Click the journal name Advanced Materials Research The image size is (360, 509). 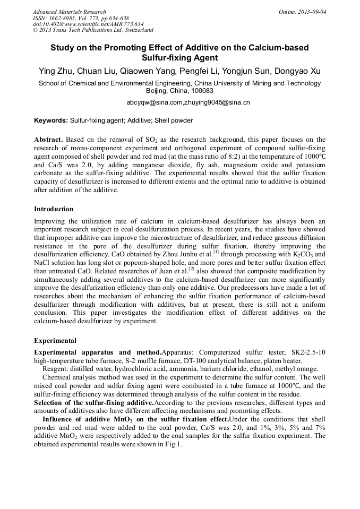(x=69, y=12)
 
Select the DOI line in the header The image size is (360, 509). (x=88, y=24)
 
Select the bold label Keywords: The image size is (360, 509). (x=51, y=120)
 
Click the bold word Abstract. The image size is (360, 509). (x=48, y=139)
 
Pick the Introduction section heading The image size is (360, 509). (x=54, y=209)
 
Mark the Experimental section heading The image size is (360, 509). (x=55, y=341)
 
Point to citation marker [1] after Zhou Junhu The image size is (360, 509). (x=216, y=252)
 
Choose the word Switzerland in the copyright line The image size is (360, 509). (x=135, y=30)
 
